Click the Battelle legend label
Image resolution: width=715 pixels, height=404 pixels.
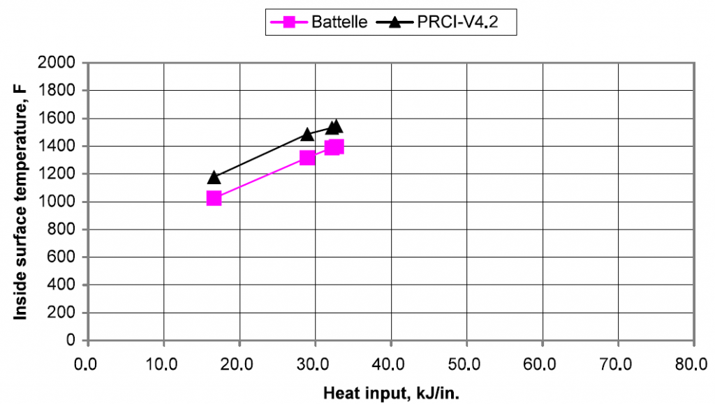[x=339, y=22]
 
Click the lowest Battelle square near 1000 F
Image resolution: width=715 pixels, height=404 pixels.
[x=214, y=198]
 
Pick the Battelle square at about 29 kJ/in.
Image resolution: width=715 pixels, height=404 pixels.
[x=307, y=158]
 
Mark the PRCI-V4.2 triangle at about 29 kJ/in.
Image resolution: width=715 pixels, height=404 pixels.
[x=307, y=133]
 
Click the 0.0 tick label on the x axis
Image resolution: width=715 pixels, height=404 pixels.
[x=87, y=364]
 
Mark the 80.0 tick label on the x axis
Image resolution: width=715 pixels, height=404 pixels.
[x=693, y=364]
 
